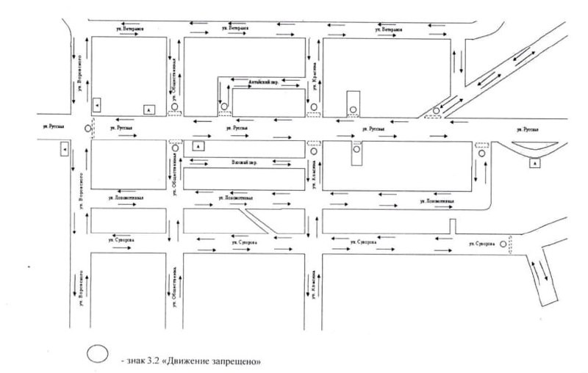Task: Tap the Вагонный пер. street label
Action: click(243, 161)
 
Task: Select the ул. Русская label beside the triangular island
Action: click(526, 129)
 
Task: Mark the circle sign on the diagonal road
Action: click(436, 112)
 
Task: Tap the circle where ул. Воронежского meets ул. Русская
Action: click(89, 129)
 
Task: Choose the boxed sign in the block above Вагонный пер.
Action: click(198, 145)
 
